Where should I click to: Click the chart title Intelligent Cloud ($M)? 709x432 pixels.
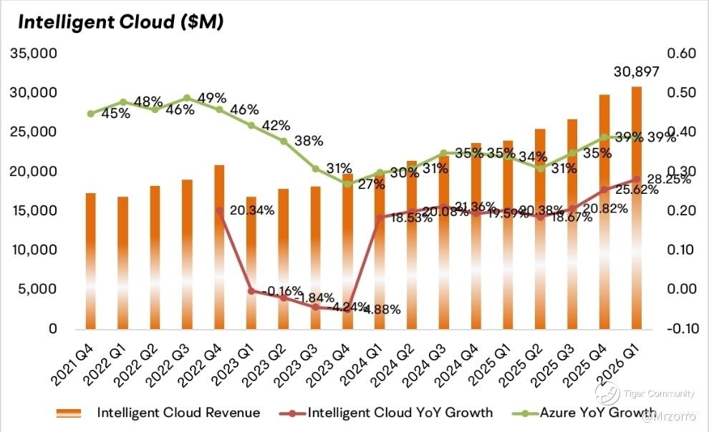(120, 22)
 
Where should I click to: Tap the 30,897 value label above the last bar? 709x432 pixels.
(636, 72)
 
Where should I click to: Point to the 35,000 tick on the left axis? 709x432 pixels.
(33, 54)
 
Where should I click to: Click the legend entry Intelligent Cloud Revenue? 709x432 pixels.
(178, 413)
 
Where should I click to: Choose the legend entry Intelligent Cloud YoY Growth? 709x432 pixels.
(399, 413)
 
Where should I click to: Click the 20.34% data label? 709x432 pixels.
(250, 211)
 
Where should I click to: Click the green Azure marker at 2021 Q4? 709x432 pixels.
(90, 114)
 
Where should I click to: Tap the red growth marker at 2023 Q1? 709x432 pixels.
(251, 290)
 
